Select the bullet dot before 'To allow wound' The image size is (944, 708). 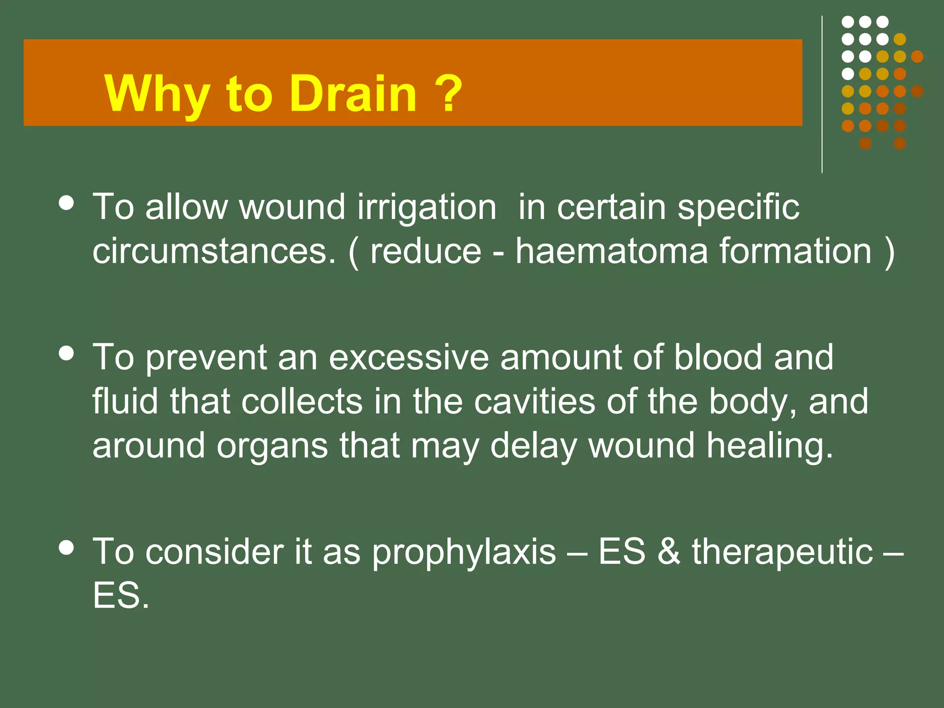(x=67, y=203)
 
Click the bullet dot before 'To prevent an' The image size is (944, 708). (x=67, y=354)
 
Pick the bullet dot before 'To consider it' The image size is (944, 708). (x=67, y=548)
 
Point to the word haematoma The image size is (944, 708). (x=611, y=251)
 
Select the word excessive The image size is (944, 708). (x=409, y=357)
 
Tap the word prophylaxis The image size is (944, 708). (x=464, y=552)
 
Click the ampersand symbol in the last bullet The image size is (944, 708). (x=668, y=551)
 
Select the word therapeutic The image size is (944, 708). (x=782, y=552)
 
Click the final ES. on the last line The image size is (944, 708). (x=121, y=596)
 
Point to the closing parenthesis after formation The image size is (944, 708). (x=889, y=252)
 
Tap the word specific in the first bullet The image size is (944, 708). (x=738, y=208)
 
